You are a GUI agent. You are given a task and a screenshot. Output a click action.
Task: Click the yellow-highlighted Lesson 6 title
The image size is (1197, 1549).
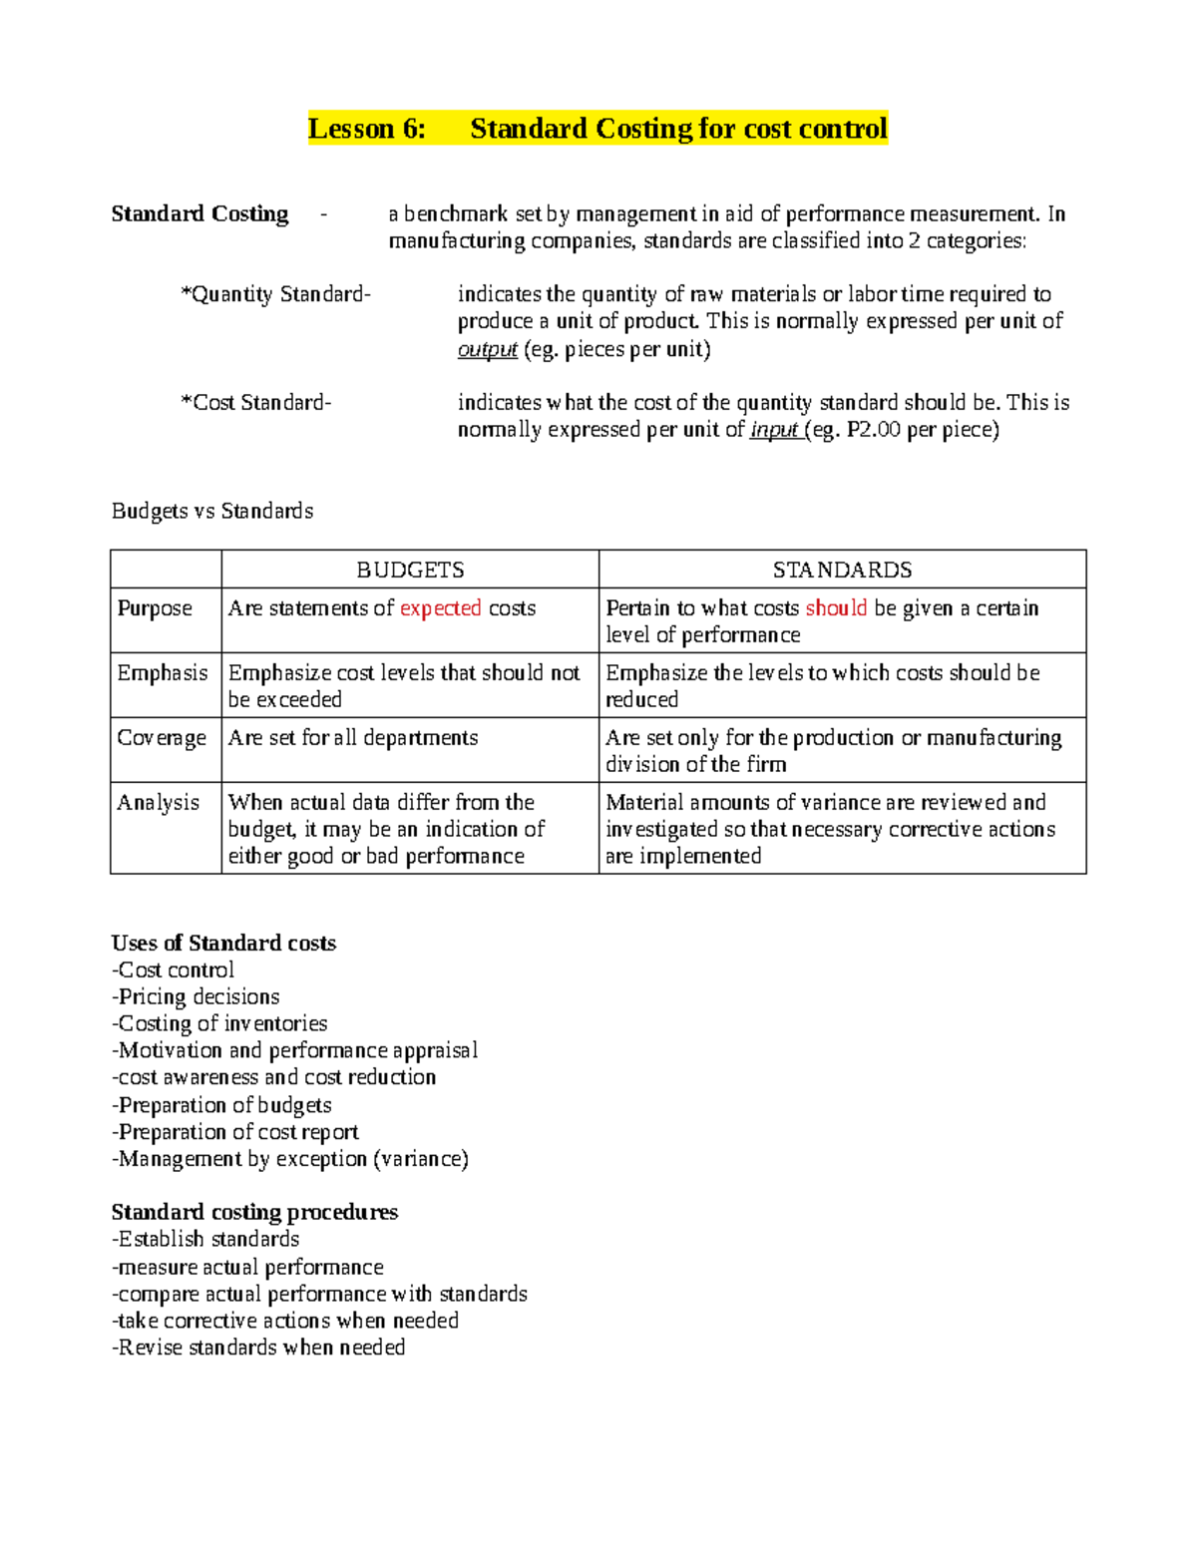coord(598,129)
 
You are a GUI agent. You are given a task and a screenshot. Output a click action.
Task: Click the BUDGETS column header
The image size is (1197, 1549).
coord(410,570)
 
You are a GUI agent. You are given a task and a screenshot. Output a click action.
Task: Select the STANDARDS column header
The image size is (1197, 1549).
coord(842,570)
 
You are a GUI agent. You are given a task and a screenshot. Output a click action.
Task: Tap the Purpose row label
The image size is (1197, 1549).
coord(155,608)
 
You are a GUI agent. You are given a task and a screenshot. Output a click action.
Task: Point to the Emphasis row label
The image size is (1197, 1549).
coord(162,673)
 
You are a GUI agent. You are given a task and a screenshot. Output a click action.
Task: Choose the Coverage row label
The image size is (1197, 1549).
coord(162,738)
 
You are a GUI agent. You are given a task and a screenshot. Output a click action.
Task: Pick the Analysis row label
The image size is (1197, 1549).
coord(158,803)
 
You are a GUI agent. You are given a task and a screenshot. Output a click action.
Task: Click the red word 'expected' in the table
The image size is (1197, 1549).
coord(440,608)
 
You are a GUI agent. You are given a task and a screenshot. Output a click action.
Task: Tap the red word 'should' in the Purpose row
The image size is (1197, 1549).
coord(836,608)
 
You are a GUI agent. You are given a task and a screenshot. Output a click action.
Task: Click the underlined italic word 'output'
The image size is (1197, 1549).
coord(487,349)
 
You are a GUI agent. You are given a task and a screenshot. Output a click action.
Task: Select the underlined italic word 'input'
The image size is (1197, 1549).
coord(773,430)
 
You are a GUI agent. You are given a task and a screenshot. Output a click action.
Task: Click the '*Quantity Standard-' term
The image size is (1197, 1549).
coord(275,294)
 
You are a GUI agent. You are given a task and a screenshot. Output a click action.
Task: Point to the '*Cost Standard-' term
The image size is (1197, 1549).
coord(255,403)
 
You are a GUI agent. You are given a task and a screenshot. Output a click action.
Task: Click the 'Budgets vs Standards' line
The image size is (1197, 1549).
coord(212,511)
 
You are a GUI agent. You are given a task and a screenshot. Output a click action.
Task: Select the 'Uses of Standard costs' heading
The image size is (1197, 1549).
coord(223,943)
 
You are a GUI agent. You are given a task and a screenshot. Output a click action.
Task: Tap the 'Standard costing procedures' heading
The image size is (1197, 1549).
coord(254,1212)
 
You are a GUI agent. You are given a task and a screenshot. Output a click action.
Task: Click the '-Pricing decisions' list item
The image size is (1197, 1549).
coord(196,996)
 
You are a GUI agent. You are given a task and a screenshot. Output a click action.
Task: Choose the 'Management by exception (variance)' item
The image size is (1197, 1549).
coord(290,1159)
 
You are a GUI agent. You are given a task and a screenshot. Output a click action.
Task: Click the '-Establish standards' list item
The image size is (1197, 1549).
coord(205,1239)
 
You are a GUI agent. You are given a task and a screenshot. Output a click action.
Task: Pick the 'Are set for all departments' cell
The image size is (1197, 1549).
coord(353,738)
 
